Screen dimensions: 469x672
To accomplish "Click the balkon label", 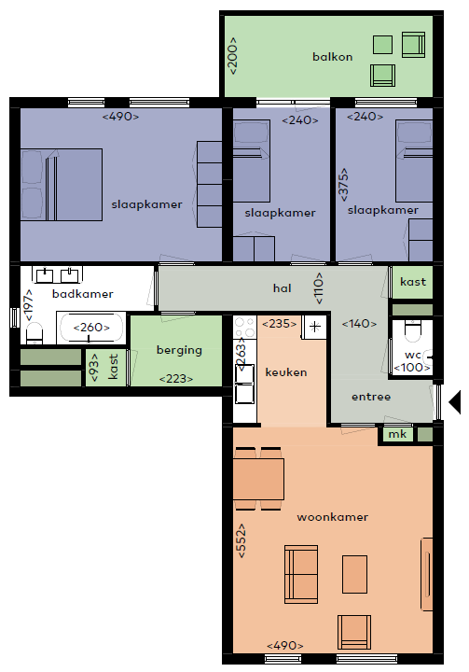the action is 332,57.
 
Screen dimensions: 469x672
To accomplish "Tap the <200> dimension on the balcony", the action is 232,56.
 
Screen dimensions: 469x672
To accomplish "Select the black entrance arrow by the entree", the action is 454,402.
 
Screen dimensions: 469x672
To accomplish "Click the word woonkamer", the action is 332,517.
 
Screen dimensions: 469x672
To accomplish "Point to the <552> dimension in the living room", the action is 241,540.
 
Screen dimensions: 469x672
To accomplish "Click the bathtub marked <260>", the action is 91,328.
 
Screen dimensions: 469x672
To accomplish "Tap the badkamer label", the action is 83,294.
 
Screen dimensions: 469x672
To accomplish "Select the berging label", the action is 179,350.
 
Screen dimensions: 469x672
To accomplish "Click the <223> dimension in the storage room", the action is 176,379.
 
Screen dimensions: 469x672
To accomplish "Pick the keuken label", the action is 286,372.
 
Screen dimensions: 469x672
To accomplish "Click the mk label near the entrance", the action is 397,434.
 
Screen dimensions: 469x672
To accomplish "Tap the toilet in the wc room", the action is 413,331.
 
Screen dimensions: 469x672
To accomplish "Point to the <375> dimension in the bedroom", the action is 343,184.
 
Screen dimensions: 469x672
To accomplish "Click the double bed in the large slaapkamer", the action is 62,185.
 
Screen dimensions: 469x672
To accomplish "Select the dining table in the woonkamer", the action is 258,479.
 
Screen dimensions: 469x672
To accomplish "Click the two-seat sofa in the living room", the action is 301,574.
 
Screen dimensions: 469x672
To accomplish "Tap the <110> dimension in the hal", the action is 318,288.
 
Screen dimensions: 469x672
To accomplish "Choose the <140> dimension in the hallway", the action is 359,324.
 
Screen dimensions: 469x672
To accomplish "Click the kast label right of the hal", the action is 413,282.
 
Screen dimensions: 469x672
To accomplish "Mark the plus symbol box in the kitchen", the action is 315,327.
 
